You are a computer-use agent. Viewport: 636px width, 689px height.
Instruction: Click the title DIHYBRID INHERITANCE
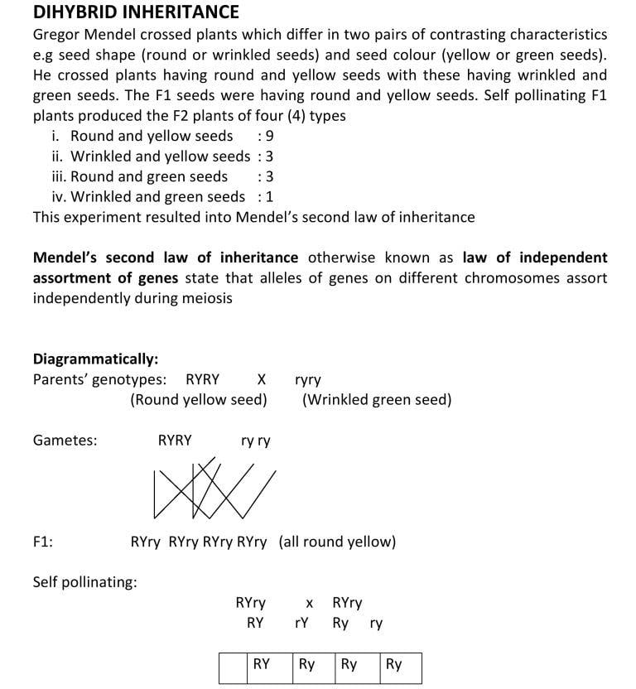[136, 12]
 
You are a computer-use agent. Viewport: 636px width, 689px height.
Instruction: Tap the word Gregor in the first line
[57, 35]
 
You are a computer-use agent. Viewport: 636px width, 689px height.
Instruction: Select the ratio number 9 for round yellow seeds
[269, 136]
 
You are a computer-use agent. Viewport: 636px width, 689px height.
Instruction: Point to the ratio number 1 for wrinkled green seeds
[269, 197]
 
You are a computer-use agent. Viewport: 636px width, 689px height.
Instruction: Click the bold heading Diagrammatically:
[95, 359]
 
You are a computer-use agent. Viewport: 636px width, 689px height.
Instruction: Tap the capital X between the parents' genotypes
[261, 380]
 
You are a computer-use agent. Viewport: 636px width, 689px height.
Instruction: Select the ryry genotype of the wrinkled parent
[308, 381]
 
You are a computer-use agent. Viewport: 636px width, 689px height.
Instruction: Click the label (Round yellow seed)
[199, 400]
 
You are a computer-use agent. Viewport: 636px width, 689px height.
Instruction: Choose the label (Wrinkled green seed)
[377, 400]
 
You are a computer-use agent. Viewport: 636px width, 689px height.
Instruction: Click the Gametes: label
[65, 441]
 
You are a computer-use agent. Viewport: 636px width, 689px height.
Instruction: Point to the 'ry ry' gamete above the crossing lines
[255, 441]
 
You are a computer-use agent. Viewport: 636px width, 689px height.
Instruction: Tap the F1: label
[43, 542]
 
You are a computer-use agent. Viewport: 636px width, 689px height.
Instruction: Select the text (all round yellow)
[337, 542]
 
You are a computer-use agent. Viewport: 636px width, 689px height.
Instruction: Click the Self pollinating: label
[84, 582]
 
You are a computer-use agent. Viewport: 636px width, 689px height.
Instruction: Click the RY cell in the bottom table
[262, 664]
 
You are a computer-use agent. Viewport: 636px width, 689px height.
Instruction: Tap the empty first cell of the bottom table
[233, 667]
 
